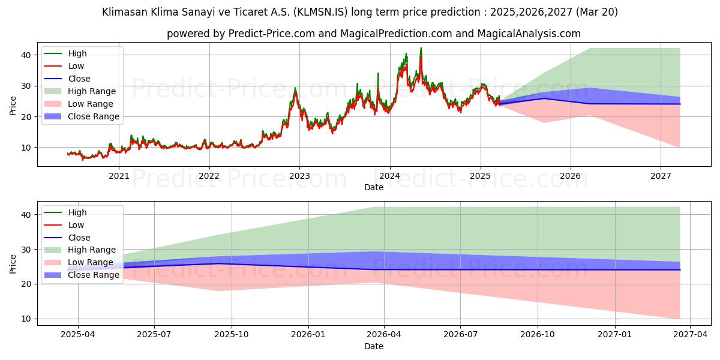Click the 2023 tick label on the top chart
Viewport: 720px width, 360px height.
click(x=299, y=176)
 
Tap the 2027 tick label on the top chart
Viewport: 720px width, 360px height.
click(x=661, y=176)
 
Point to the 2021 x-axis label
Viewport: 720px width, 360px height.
click(x=119, y=176)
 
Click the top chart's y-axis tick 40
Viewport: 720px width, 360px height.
click(x=26, y=55)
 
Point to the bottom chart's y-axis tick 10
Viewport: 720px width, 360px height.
click(x=26, y=319)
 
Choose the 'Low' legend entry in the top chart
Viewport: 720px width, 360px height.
click(x=76, y=66)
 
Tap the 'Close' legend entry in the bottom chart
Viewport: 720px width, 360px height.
click(x=79, y=238)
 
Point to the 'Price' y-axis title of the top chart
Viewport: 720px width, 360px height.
click(x=13, y=106)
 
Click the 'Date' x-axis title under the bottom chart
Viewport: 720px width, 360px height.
click(x=373, y=346)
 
